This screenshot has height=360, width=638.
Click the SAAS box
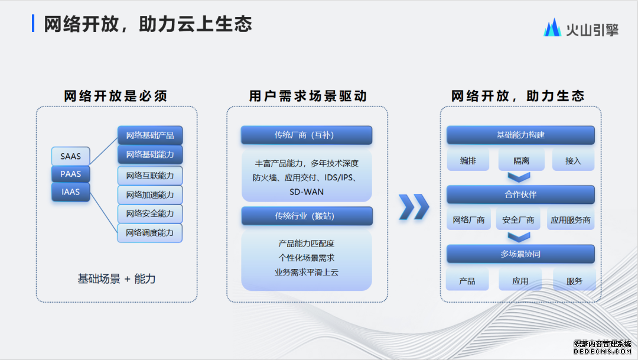tap(70, 156)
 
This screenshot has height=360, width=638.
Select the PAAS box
tap(70, 174)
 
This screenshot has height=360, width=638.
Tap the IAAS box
tap(70, 192)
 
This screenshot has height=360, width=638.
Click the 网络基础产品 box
tap(149, 135)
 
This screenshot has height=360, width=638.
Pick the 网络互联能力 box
tap(149, 176)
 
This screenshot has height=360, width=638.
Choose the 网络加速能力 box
tap(149, 194)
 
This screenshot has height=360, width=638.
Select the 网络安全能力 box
tap(149, 213)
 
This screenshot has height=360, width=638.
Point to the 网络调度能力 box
tap(149, 233)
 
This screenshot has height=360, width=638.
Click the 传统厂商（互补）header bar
tap(307, 135)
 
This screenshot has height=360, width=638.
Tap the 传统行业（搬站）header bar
tap(307, 216)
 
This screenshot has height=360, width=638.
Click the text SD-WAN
tap(307, 192)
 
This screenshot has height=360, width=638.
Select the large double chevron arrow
tap(414, 207)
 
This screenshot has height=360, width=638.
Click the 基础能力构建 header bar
tap(520, 135)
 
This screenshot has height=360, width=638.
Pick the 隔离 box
tap(521, 161)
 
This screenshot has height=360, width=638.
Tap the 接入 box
tap(573, 161)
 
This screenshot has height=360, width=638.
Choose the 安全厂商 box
tap(518, 220)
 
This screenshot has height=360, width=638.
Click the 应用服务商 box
tap(571, 220)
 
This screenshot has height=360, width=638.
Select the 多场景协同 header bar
tap(520, 254)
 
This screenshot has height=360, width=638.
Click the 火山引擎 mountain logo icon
tap(552, 28)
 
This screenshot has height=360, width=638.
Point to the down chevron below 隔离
tap(519, 177)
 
